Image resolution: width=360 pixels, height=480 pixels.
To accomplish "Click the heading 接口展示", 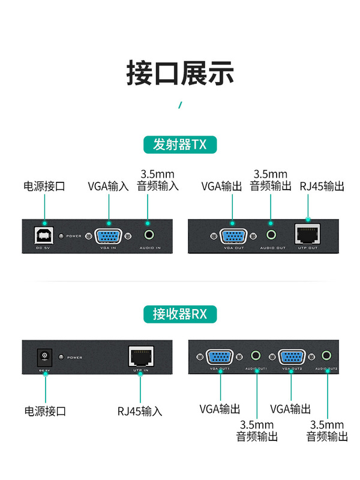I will (180, 73).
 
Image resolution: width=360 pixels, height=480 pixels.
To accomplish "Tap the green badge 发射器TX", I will (180, 145).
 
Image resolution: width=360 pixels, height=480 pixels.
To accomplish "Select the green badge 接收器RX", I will (180, 314).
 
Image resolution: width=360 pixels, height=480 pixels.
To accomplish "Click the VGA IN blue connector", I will (109, 235).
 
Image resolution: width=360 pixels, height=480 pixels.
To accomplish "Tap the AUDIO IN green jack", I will (148, 235).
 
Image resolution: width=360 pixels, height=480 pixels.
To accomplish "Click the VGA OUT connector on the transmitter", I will (232, 235).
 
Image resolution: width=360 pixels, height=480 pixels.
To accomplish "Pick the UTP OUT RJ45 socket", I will (308, 234).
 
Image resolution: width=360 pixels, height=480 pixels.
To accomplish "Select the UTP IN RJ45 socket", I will (140, 356).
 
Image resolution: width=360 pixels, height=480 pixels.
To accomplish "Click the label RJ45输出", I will (322, 187).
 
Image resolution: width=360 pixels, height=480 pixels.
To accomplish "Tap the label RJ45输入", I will (140, 411).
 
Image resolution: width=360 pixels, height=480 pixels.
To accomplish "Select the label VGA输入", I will (109, 187).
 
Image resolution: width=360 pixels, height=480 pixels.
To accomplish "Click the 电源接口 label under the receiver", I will (45, 411).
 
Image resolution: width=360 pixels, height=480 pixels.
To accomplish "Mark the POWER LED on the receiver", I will (61, 357).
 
